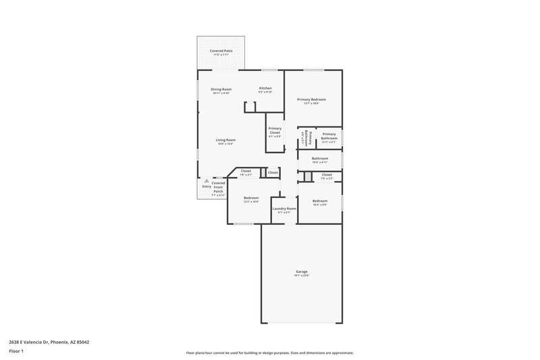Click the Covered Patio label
(x=221, y=51)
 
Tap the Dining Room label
(x=221, y=89)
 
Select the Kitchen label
(x=266, y=89)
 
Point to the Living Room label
(x=225, y=140)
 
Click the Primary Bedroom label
(x=312, y=99)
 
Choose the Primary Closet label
(x=275, y=130)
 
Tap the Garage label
(x=301, y=272)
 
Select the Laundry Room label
(x=284, y=209)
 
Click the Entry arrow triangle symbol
(x=207, y=180)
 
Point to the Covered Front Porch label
(x=218, y=187)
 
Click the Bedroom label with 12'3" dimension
(x=251, y=198)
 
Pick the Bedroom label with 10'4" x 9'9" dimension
(x=320, y=201)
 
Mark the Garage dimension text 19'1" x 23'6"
(x=301, y=276)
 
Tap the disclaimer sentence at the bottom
(x=269, y=353)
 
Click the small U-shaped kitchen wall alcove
(x=250, y=107)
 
